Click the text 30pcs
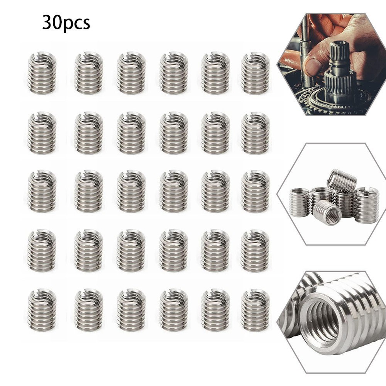point(66,23)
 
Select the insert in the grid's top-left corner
point(42,73)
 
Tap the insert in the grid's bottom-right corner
point(255,310)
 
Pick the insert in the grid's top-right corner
point(255,73)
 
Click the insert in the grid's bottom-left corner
point(42,310)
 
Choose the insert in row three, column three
point(131,191)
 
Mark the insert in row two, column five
point(215,133)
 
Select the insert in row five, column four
point(174,310)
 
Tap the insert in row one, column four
point(174,73)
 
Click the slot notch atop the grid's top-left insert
point(37,59)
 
